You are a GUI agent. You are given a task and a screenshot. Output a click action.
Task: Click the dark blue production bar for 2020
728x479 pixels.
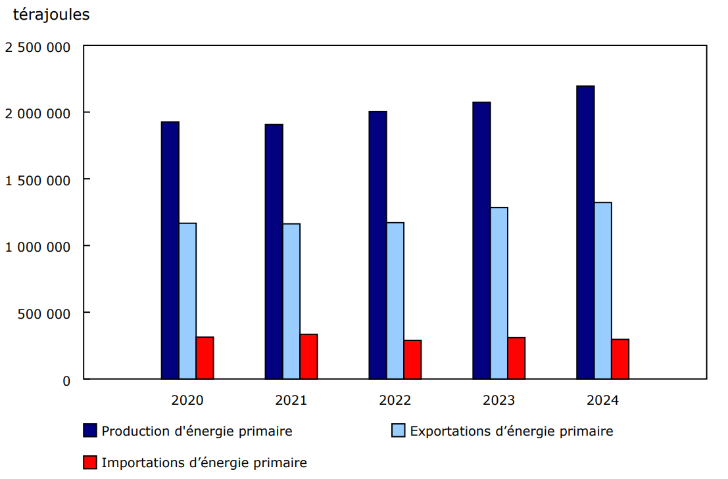tap(170, 250)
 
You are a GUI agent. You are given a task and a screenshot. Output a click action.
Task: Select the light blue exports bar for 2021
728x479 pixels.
tap(291, 302)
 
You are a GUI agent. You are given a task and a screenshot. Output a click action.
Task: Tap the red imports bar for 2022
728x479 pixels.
tap(412, 359)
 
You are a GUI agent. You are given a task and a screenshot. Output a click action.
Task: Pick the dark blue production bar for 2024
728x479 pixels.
tap(585, 233)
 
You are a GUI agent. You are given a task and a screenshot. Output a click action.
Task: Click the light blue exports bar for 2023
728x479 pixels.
tap(499, 293)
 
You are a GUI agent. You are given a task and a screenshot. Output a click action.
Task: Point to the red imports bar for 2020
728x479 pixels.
tap(205, 358)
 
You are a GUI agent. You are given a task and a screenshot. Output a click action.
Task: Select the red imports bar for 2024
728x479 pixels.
tap(620, 359)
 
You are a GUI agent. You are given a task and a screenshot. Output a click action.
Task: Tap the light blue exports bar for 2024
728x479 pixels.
tap(603, 290)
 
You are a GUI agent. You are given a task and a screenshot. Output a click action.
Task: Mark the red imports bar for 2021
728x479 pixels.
tap(309, 357)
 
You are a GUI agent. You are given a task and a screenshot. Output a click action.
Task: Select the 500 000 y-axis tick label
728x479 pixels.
tap(44, 313)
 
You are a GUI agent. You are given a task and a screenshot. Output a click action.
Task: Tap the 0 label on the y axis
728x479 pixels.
tap(66, 380)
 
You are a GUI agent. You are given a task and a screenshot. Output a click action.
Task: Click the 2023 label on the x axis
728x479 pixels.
tap(499, 400)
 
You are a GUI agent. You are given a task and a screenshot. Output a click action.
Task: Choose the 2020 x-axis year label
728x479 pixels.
tap(187, 400)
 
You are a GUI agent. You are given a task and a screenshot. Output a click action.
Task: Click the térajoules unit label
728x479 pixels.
tap(51, 15)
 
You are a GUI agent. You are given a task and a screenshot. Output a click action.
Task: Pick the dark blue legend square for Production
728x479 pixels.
tap(90, 431)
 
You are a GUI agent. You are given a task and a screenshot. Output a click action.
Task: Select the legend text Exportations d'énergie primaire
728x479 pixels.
tap(511, 431)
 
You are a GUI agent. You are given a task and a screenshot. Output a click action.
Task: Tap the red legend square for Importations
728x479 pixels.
tap(90, 463)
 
